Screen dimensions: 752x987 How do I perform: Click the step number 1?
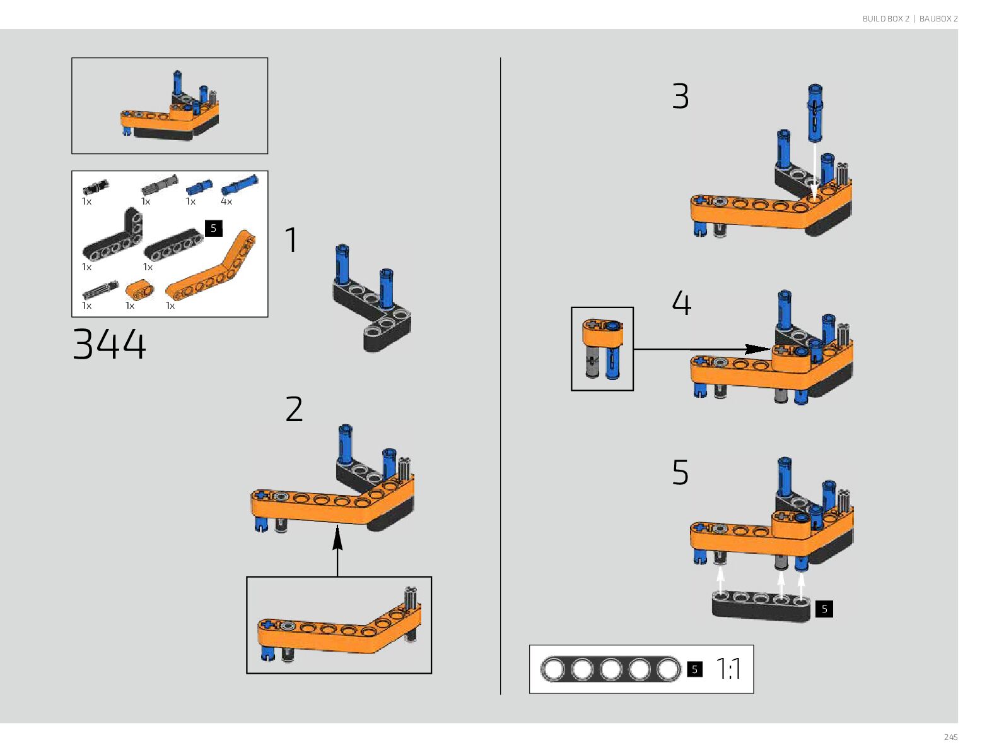291,241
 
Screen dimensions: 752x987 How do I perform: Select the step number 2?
294,410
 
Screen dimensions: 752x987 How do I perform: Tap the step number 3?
680,97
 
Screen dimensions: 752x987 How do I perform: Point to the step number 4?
682,304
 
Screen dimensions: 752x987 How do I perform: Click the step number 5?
680,473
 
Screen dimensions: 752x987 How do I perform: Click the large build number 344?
109,345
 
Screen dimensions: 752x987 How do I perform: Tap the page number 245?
950,737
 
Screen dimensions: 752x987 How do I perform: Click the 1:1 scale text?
729,669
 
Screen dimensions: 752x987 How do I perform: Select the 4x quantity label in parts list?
226,201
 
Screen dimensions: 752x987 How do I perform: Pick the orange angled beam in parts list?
212,268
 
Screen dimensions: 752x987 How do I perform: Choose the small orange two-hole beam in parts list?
139,290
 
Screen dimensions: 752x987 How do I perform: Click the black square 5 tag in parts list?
214,228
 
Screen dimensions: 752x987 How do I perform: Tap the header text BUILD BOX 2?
885,19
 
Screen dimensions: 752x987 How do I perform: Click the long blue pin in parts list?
240,186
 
